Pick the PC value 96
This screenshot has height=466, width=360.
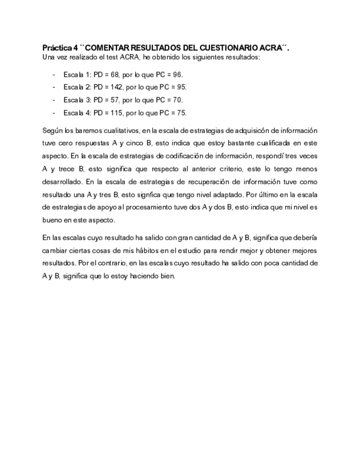pos(178,74)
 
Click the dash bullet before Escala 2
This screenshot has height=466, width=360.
pos(53,87)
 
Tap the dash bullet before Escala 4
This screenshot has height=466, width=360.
pos(53,113)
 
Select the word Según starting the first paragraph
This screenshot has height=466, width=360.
pos(51,131)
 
